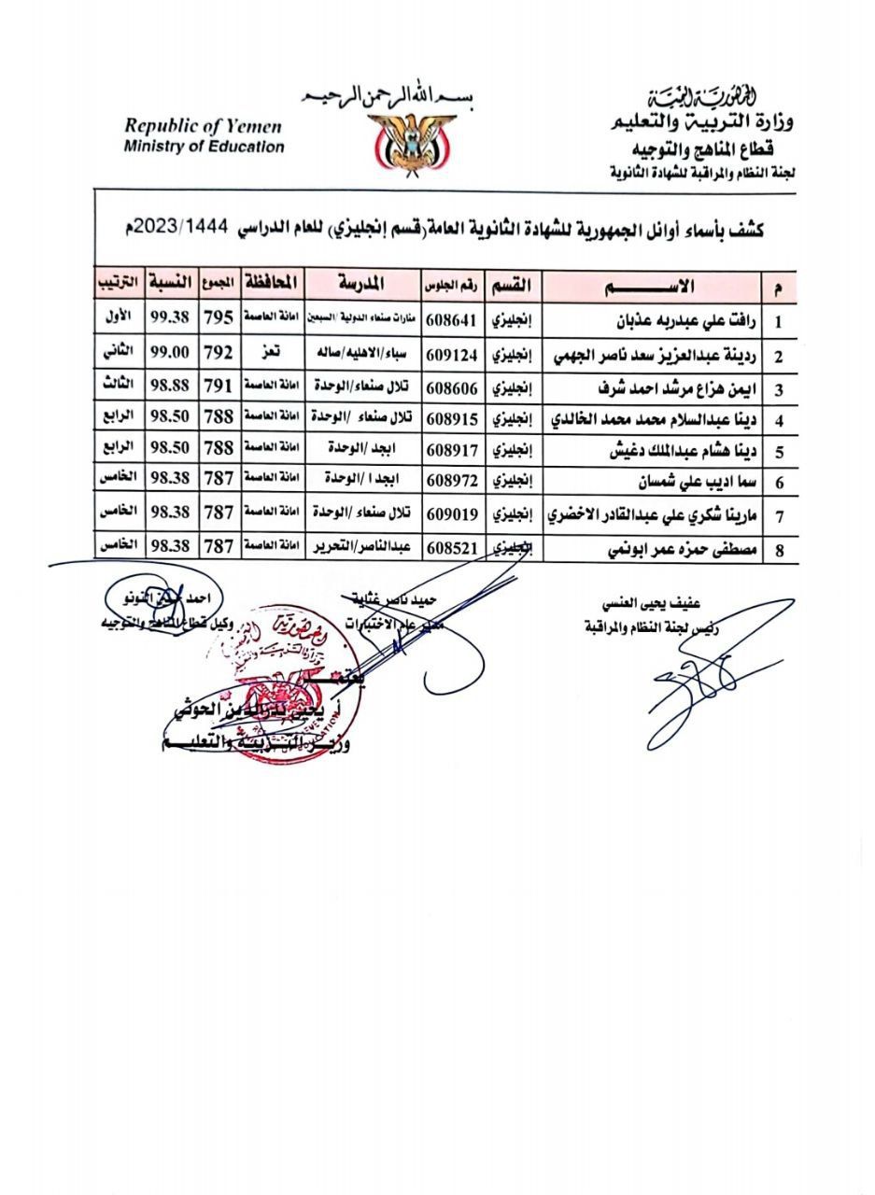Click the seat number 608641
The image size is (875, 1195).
coord(452,321)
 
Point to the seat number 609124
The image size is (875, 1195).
coord(452,356)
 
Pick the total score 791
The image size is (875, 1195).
coord(218,387)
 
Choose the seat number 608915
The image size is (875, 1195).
coord(452,419)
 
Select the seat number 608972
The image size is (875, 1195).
coord(452,482)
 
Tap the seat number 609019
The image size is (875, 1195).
coord(452,514)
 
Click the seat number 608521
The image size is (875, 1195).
coord(452,547)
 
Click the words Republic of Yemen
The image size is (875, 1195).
coord(203,127)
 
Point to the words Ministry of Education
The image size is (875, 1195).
coord(203,147)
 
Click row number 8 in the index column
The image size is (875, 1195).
coord(779,551)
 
